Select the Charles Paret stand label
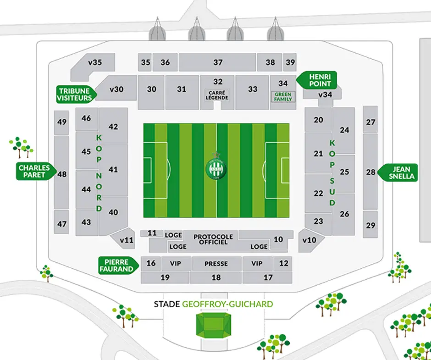pyautogui.click(x=34, y=172)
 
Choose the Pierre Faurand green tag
pyautogui.click(x=116, y=265)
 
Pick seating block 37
pyautogui.click(x=217, y=62)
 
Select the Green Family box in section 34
pyautogui.click(x=283, y=97)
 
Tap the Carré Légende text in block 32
pyautogui.click(x=218, y=95)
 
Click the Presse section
pyautogui.click(x=216, y=264)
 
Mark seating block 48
pyautogui.click(x=62, y=174)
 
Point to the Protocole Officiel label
pyautogui.click(x=213, y=239)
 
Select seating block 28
pyautogui.click(x=370, y=172)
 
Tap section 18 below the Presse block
pyautogui.click(x=216, y=277)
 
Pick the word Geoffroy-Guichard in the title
pyautogui.click(x=227, y=304)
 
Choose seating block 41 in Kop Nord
pyautogui.click(x=113, y=170)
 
